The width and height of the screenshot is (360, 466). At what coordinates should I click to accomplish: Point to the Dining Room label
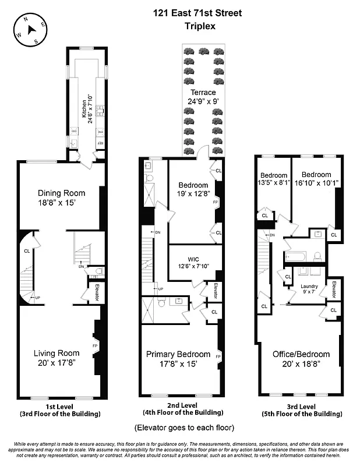pos(61,193)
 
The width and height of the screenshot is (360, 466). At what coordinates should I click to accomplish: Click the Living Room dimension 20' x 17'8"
pos(56,363)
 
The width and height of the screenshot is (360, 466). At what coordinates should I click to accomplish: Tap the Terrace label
pos(203,93)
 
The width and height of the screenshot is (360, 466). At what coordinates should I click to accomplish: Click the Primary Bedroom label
pos(178,354)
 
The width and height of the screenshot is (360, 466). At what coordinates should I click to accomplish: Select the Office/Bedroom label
pos(301,354)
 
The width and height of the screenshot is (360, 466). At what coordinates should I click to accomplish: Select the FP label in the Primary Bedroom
pos(218,356)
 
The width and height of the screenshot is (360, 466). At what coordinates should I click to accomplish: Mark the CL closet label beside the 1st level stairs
pos(27,252)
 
